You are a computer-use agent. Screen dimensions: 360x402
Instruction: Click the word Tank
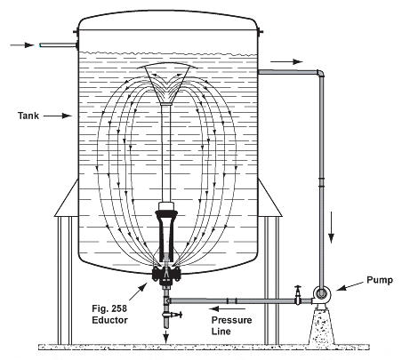[x=30, y=115]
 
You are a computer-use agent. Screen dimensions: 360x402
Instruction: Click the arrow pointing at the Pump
[x=351, y=285]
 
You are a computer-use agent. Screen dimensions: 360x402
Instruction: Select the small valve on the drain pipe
[x=177, y=315]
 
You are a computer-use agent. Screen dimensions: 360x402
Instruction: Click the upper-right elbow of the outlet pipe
[x=319, y=75]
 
